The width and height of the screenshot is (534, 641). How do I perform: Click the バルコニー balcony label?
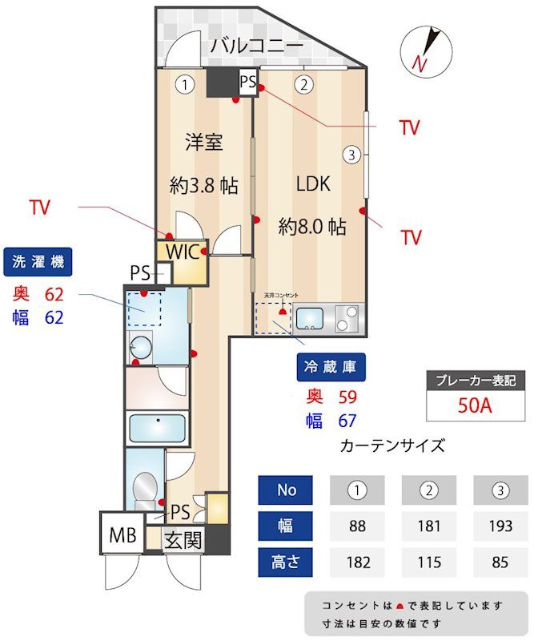256,46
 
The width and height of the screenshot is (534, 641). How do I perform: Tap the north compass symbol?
424,50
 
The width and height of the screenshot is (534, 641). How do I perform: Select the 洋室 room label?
203,143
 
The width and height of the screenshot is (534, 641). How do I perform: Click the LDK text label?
313,183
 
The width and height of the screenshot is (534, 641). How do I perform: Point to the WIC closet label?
183,251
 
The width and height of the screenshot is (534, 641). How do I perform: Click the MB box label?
122,534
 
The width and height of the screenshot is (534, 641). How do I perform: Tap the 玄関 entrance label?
183,540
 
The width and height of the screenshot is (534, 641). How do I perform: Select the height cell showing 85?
500,562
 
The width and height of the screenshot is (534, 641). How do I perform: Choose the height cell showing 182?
357,562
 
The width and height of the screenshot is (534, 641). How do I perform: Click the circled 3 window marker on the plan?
351,155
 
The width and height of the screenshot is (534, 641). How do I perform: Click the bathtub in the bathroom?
158,425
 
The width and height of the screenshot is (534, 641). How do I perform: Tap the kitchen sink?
312,318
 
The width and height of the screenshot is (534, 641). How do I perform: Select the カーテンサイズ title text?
392,445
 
